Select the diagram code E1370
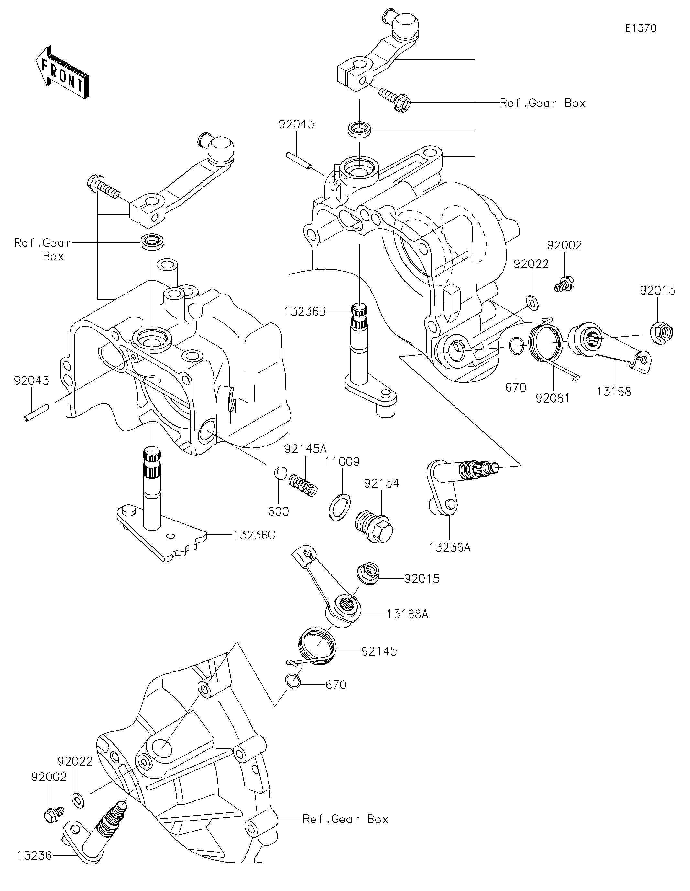641,28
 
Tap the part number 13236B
305,311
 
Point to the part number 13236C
254,535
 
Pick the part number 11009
342,462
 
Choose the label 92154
381,483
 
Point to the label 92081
553,398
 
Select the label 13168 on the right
614,392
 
